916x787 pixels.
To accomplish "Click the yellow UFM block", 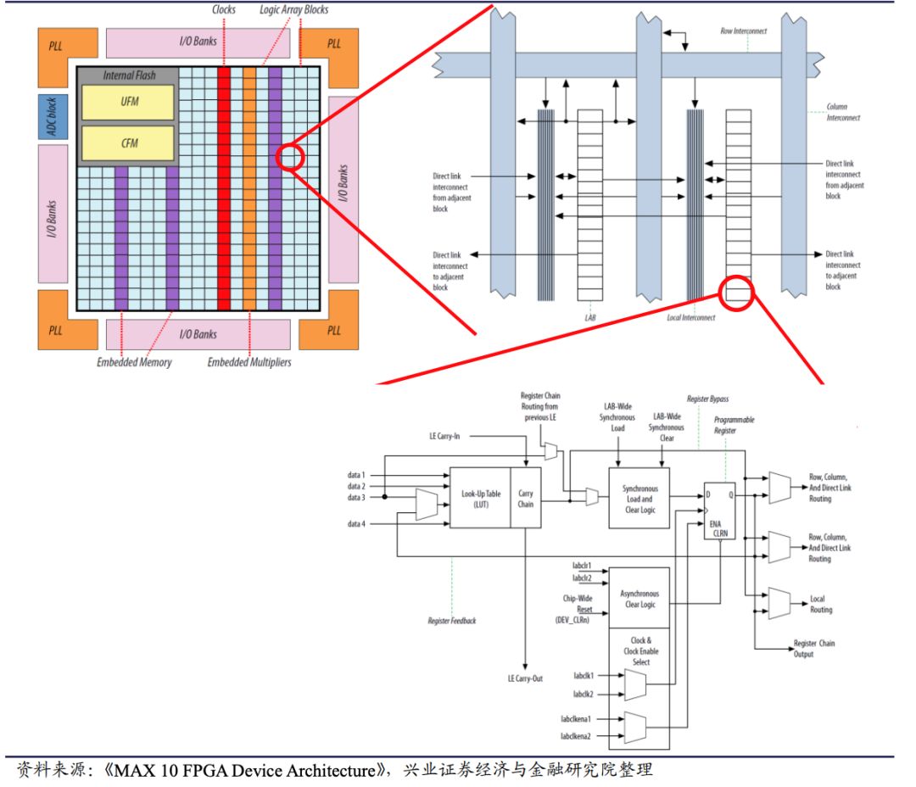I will click(127, 103).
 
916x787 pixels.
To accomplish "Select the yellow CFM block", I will click(127, 144).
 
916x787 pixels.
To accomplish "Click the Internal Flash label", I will click(129, 75).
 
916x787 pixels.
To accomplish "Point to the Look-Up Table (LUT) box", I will click(479, 498).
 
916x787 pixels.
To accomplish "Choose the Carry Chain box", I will click(526, 498).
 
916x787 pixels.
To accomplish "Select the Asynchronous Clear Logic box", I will click(640, 598).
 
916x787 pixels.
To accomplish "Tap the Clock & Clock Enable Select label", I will click(640, 651).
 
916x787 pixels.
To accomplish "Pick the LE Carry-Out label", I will click(525, 678).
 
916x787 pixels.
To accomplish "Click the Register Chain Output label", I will click(813, 649).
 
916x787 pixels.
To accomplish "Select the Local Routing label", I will click(821, 605).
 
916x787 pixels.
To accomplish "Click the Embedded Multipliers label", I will click(249, 362).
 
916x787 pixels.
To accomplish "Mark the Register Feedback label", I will click(452, 621).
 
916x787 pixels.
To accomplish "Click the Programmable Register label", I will click(734, 425).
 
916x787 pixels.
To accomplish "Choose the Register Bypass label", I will click(707, 398).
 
